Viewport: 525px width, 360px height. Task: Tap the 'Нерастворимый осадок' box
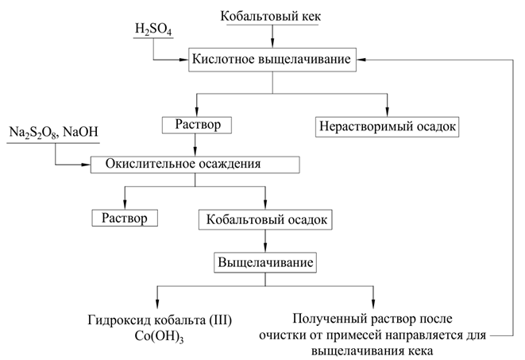(388, 126)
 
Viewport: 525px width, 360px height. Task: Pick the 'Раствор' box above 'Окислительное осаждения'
(195, 126)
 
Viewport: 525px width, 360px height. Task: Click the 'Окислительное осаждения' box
(195, 165)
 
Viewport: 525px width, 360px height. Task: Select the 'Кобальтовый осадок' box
(264, 218)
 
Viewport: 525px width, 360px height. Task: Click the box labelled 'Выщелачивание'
(264, 261)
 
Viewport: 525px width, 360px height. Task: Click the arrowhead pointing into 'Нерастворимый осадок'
(388, 112)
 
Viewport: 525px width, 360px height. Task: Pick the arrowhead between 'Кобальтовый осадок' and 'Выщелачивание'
(264, 247)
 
